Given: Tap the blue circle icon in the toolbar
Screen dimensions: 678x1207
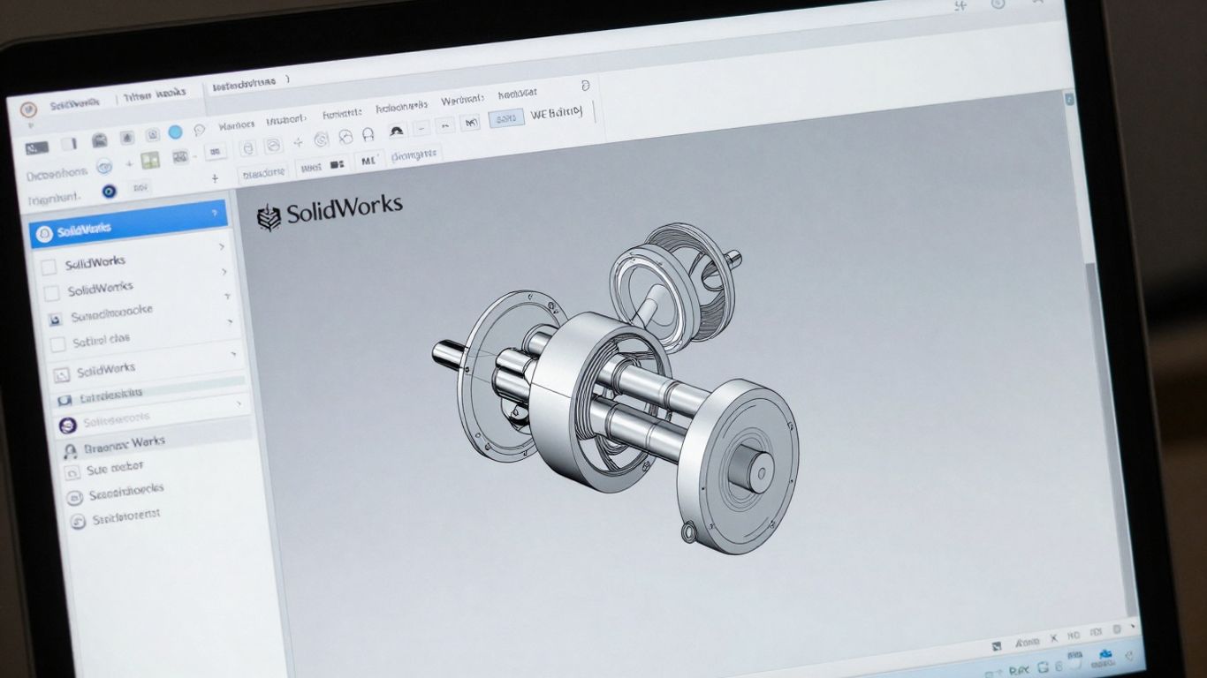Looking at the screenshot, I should (x=175, y=132).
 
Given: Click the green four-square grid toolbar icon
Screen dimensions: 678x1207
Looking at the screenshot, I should (x=150, y=160).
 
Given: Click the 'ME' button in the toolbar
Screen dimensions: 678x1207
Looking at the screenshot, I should (x=368, y=162).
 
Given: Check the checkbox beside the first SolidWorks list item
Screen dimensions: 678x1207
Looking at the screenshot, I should (x=49, y=266).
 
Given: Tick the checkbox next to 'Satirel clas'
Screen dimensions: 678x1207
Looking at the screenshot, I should (x=58, y=343).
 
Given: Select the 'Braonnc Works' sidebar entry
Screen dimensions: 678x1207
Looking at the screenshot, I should (x=124, y=444).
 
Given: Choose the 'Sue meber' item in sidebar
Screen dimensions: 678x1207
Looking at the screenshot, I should (x=114, y=469).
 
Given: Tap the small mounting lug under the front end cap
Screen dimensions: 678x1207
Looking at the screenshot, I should (x=689, y=531).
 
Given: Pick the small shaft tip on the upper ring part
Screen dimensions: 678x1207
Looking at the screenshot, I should (x=732, y=260).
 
